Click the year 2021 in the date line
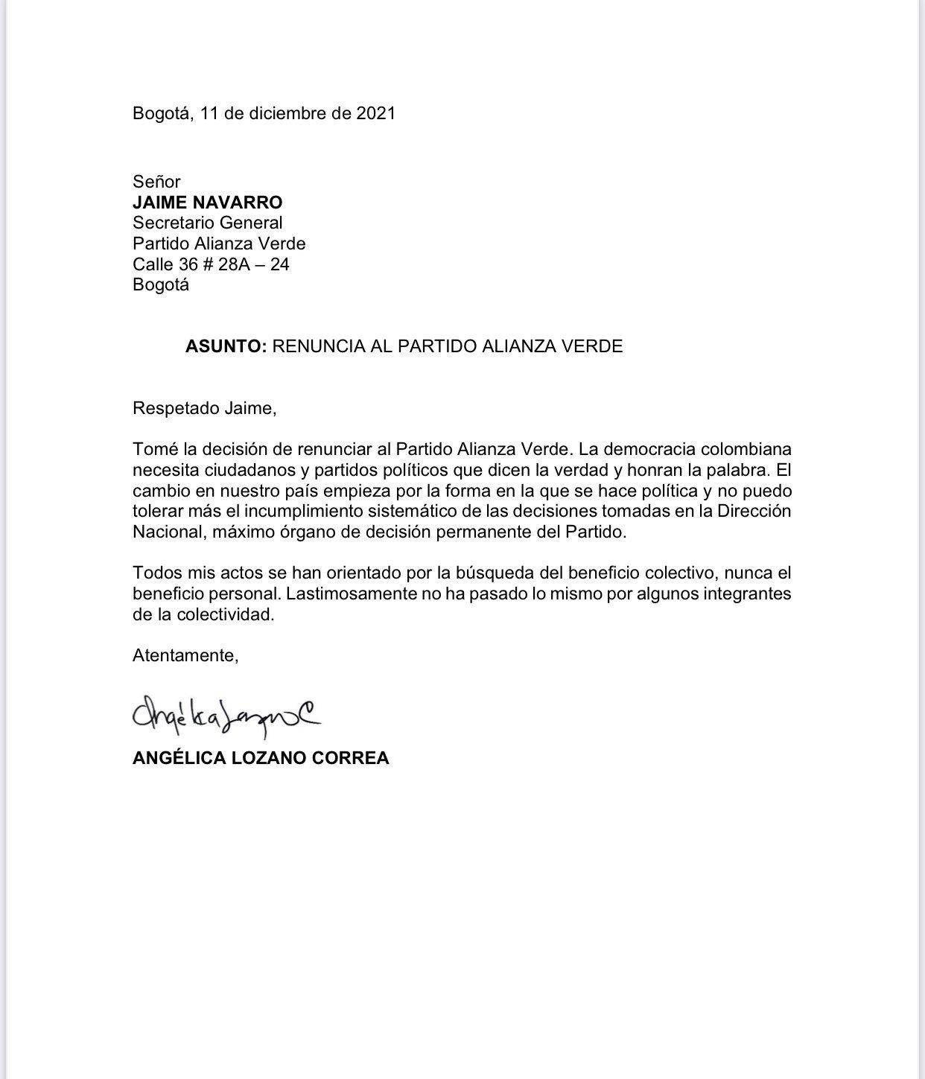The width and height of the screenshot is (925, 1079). coord(375,113)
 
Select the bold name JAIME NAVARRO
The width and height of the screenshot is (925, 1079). coord(207,203)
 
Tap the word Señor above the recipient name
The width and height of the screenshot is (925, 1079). coord(156,182)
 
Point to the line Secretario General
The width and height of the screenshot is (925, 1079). coord(207,223)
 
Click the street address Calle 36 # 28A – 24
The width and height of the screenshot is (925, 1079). coord(211,264)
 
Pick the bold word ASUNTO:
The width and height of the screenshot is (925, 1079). coord(226,346)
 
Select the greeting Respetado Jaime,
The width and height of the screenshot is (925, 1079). coord(204,409)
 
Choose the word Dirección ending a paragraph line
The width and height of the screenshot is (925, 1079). coord(754,512)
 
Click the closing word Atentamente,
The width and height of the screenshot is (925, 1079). coord(185,656)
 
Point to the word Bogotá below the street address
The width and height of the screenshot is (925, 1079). coord(160,284)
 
